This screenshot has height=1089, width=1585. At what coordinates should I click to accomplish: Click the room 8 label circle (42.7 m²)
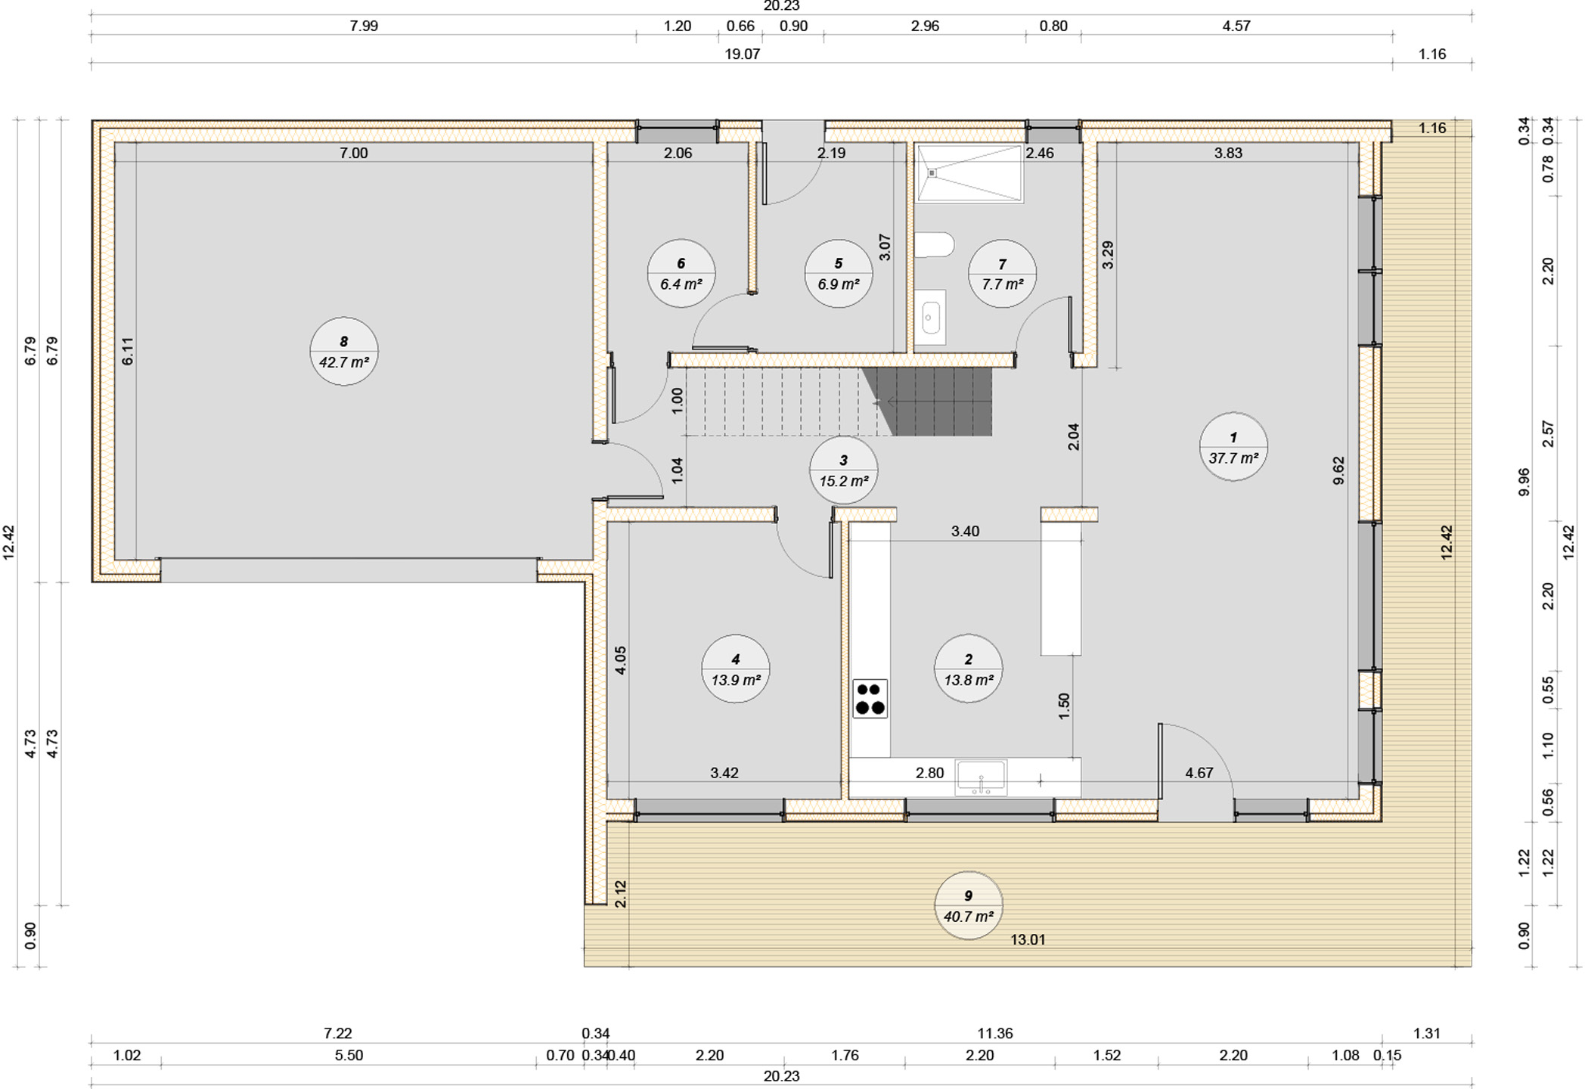tap(344, 352)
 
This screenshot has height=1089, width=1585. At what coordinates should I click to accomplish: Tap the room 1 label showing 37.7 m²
tap(1233, 447)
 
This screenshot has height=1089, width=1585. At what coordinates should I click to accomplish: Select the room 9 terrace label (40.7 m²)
tap(969, 905)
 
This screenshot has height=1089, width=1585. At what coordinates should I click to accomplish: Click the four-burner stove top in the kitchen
tap(870, 699)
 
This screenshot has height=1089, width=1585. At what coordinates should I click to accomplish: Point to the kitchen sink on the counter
tap(981, 778)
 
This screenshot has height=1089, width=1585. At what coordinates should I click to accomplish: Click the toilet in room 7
tap(935, 245)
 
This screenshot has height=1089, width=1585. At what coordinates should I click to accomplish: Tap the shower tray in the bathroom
tap(969, 173)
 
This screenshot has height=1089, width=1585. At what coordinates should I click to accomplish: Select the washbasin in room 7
tap(930, 318)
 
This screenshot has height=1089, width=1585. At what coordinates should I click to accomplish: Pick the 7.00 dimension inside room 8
tap(353, 154)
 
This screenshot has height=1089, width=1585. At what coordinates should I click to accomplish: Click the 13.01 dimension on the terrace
tap(1028, 940)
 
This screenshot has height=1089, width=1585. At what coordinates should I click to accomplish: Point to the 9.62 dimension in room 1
tap(1338, 470)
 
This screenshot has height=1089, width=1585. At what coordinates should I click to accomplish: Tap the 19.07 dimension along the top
tap(742, 54)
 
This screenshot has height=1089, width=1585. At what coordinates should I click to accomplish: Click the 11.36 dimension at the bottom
tap(995, 1033)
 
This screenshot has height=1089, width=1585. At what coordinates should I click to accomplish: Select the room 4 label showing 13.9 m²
tap(736, 669)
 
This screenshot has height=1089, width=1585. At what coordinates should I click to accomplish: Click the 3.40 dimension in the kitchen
tap(965, 532)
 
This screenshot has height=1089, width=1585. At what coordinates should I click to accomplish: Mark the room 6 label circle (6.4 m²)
tap(681, 274)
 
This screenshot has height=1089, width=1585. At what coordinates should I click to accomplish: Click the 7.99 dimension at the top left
tap(364, 26)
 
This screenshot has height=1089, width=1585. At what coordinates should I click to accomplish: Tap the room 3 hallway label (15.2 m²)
tap(843, 470)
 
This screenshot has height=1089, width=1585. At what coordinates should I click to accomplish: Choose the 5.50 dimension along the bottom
tap(349, 1056)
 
